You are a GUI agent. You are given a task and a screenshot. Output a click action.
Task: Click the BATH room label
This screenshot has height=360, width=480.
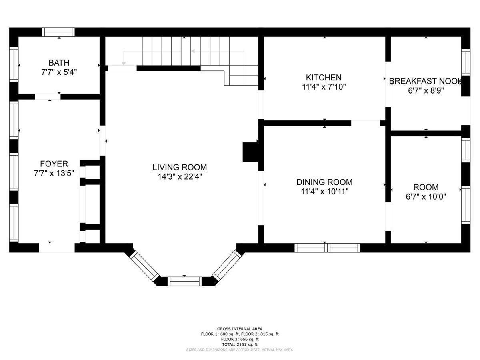click(59, 63)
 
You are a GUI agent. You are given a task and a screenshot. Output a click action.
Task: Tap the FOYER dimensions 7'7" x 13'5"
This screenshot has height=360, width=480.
click(54, 173)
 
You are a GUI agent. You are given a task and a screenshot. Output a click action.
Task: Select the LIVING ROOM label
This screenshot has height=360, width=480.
click(180, 167)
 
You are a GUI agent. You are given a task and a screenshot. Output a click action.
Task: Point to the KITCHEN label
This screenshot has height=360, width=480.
click(324, 77)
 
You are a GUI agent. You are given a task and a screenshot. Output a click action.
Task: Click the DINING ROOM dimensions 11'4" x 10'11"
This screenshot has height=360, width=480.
click(324, 192)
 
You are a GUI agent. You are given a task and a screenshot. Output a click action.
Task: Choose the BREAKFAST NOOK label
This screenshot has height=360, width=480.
click(426, 81)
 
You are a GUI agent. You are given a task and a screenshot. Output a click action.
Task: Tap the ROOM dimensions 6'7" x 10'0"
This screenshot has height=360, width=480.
click(426, 197)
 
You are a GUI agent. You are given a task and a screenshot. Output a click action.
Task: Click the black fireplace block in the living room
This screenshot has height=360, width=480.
click(251, 152)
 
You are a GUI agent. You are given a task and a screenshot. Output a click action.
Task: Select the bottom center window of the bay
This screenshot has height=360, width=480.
click(184, 281)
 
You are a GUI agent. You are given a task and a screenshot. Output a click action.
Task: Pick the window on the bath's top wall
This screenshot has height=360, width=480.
click(58, 32)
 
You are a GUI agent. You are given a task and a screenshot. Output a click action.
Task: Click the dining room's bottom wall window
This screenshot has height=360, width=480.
click(327, 248)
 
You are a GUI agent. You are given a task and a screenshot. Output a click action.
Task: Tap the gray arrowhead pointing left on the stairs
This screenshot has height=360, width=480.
click(193, 51)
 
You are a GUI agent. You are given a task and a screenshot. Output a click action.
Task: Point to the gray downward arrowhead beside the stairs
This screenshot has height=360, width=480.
click(124, 63)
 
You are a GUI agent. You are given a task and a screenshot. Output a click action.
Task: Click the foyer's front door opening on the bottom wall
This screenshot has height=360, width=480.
click(57, 248)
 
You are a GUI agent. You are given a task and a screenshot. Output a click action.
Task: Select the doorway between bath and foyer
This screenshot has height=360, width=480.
click(48, 97)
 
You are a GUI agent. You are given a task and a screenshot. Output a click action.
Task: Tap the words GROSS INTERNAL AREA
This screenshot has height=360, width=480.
click(240, 328)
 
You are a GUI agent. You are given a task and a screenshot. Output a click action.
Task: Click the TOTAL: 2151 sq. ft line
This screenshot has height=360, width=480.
click(240, 344)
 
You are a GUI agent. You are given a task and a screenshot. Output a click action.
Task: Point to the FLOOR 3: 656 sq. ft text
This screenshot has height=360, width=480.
click(240, 339)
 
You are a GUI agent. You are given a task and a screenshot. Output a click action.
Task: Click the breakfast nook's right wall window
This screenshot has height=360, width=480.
click(466, 62)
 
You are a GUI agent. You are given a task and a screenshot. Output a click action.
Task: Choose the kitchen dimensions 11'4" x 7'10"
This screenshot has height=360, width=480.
click(324, 87)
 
